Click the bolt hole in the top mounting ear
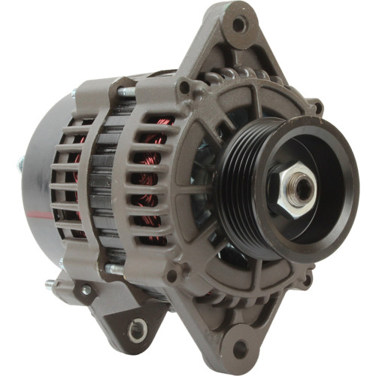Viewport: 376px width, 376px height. [238, 25]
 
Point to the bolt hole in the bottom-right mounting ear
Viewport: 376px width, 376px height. [241, 348]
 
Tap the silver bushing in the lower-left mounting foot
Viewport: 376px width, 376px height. [137, 328]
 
